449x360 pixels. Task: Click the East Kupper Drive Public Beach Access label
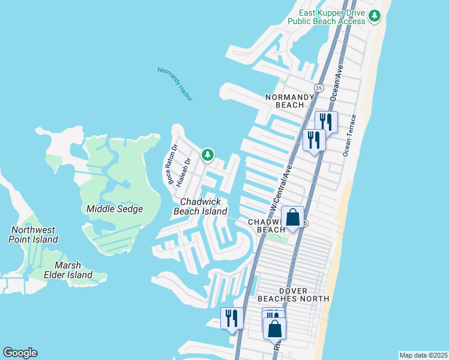326,16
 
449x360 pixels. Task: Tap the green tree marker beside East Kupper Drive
375,16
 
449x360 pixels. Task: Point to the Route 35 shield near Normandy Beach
319,88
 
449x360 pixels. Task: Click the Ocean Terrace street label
349,136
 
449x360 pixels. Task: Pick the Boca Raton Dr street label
172,164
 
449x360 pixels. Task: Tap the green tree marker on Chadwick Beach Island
208,155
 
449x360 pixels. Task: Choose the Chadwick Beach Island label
200,206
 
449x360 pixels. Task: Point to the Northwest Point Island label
33,235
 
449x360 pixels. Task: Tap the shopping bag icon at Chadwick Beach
292,218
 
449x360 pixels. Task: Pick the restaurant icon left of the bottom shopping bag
232,318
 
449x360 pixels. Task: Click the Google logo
20,353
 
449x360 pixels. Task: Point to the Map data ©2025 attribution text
423,355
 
